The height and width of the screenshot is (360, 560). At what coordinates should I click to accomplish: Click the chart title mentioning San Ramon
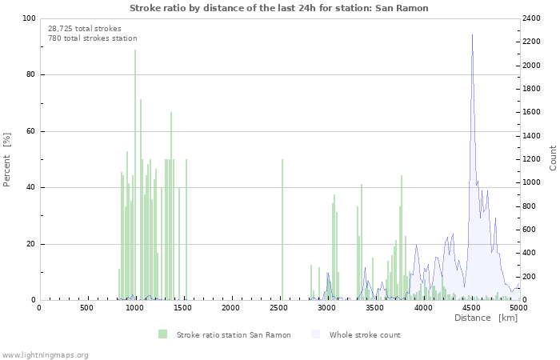click(279, 8)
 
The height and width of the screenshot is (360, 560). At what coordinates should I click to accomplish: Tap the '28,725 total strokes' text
click(85, 28)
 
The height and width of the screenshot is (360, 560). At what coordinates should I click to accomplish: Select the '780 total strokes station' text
click(92, 38)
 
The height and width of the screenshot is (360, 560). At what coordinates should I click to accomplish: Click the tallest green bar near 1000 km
click(135, 176)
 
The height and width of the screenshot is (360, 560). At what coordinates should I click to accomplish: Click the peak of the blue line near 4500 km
click(472, 36)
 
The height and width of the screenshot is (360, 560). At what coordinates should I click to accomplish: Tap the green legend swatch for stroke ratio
click(163, 334)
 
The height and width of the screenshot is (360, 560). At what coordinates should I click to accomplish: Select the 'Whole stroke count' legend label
click(365, 334)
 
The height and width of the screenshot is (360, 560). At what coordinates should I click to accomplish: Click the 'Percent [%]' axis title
click(7, 159)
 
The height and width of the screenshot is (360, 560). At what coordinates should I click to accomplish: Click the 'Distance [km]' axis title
click(486, 318)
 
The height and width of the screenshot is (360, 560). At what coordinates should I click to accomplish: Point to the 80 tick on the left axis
click(30, 75)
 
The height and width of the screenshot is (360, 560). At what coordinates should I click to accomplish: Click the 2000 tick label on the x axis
click(231, 307)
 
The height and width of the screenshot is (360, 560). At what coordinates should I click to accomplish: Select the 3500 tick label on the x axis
click(375, 307)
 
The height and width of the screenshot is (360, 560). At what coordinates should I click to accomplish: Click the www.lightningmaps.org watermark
click(45, 354)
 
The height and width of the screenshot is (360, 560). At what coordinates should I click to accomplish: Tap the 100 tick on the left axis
click(28, 18)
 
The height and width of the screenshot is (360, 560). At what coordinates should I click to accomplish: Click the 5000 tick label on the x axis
click(518, 307)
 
